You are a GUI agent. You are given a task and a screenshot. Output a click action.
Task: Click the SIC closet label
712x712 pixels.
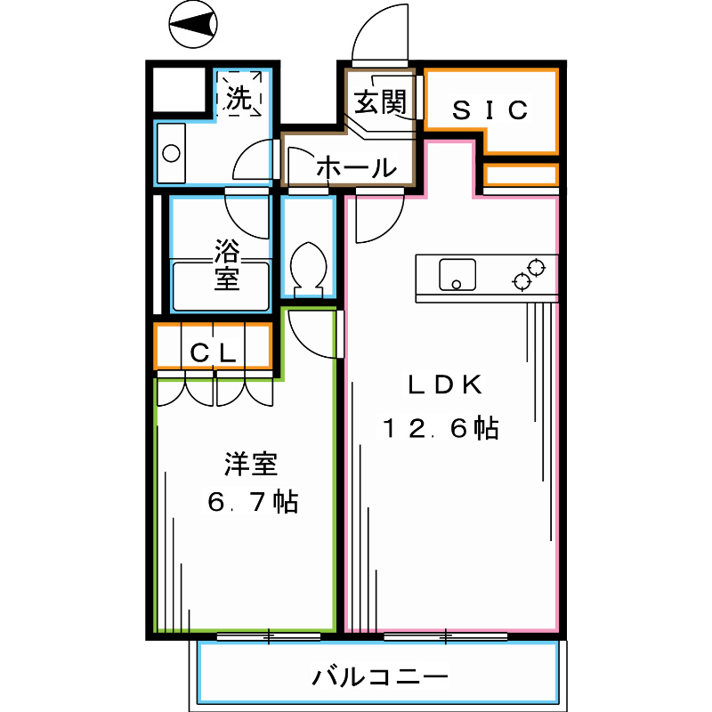click(490, 110)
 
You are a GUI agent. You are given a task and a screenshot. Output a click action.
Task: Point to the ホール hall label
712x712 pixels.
click(355, 166)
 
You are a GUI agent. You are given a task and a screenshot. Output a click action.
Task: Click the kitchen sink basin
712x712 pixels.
click(455, 273)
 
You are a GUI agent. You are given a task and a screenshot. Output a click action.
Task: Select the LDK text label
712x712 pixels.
click(444, 385)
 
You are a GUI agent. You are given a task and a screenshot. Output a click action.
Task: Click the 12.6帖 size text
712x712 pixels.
click(440, 429)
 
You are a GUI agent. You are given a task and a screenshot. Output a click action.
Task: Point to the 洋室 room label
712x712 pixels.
click(250, 464)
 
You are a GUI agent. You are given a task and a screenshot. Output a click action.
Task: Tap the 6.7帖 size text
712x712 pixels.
click(252, 502)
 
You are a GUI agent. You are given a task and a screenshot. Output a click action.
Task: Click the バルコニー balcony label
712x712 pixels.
click(379, 677)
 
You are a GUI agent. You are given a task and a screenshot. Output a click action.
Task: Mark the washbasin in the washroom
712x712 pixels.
click(170, 152)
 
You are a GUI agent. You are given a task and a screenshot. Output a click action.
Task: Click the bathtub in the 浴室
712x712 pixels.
click(220, 286)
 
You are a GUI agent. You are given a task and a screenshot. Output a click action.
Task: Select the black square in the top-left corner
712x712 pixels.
click(180, 90)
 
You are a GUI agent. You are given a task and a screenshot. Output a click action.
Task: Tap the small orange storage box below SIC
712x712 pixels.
click(521, 174)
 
